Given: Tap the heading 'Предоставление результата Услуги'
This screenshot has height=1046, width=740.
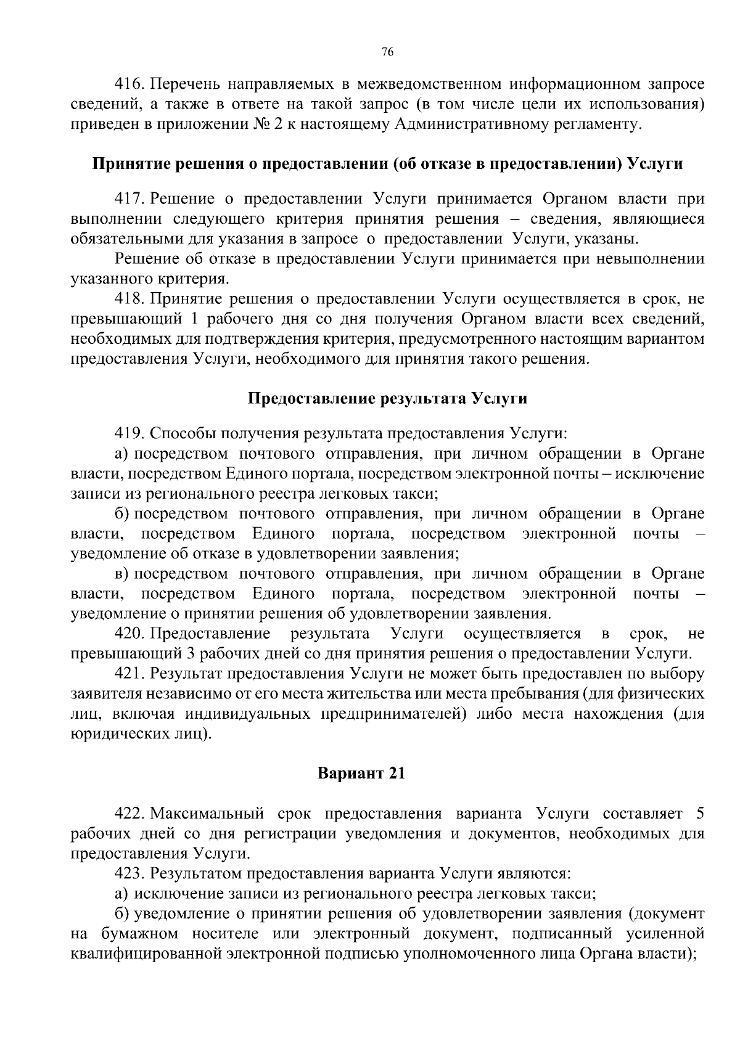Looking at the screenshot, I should pos(387,398).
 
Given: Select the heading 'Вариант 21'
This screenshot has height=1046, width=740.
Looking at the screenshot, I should pos(361,773).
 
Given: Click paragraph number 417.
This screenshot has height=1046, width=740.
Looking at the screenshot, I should pos(129,199).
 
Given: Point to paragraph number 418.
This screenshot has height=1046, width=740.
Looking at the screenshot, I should pos(129,300).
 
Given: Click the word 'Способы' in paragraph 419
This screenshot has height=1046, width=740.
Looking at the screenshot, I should pos(179,433).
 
